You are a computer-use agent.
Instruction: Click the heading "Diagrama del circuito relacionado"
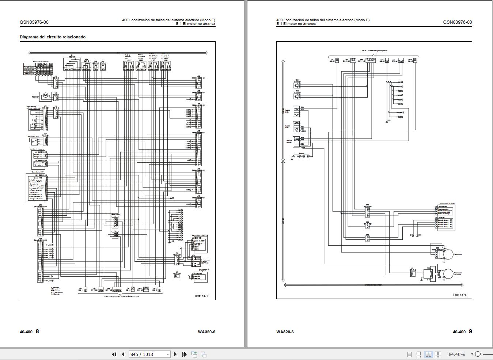(53, 37)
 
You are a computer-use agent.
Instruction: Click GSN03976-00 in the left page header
(34, 22)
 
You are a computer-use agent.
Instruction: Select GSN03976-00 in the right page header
(457, 22)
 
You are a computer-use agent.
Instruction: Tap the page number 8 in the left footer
(37, 331)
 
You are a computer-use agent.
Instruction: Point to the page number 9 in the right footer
(470, 331)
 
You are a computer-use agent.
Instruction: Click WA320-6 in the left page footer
(206, 332)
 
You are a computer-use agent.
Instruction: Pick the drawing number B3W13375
(201, 296)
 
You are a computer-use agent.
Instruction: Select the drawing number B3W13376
(459, 295)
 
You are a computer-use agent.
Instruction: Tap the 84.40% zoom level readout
(456, 354)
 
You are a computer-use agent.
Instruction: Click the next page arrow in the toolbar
(175, 354)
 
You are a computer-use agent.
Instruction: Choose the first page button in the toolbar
(114, 354)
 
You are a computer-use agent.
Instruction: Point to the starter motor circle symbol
(448, 274)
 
